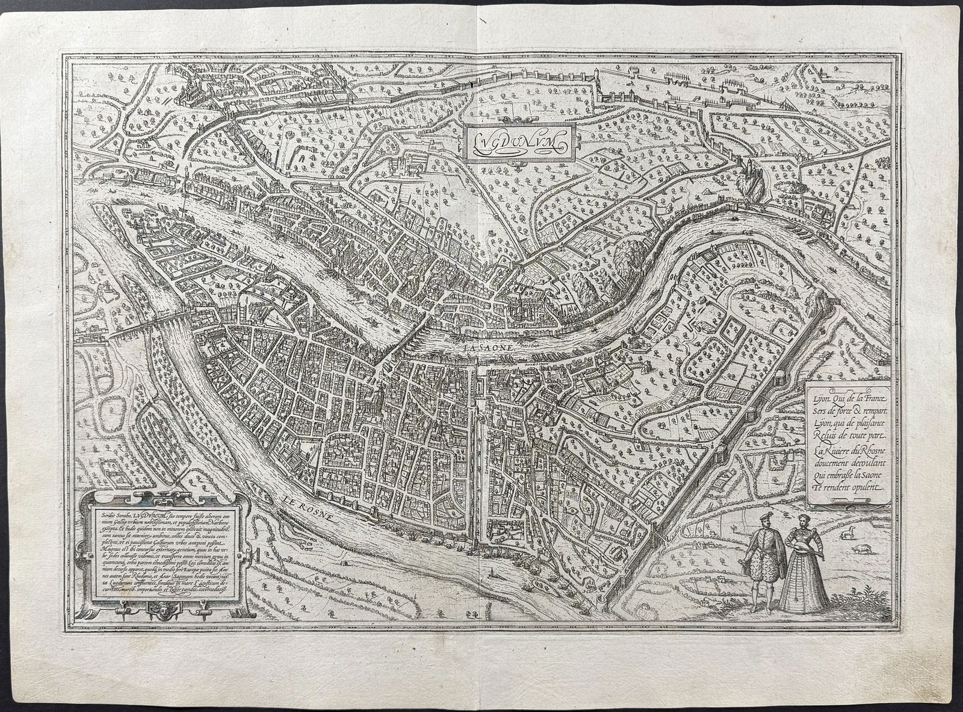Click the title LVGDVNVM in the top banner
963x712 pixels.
(517, 143)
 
